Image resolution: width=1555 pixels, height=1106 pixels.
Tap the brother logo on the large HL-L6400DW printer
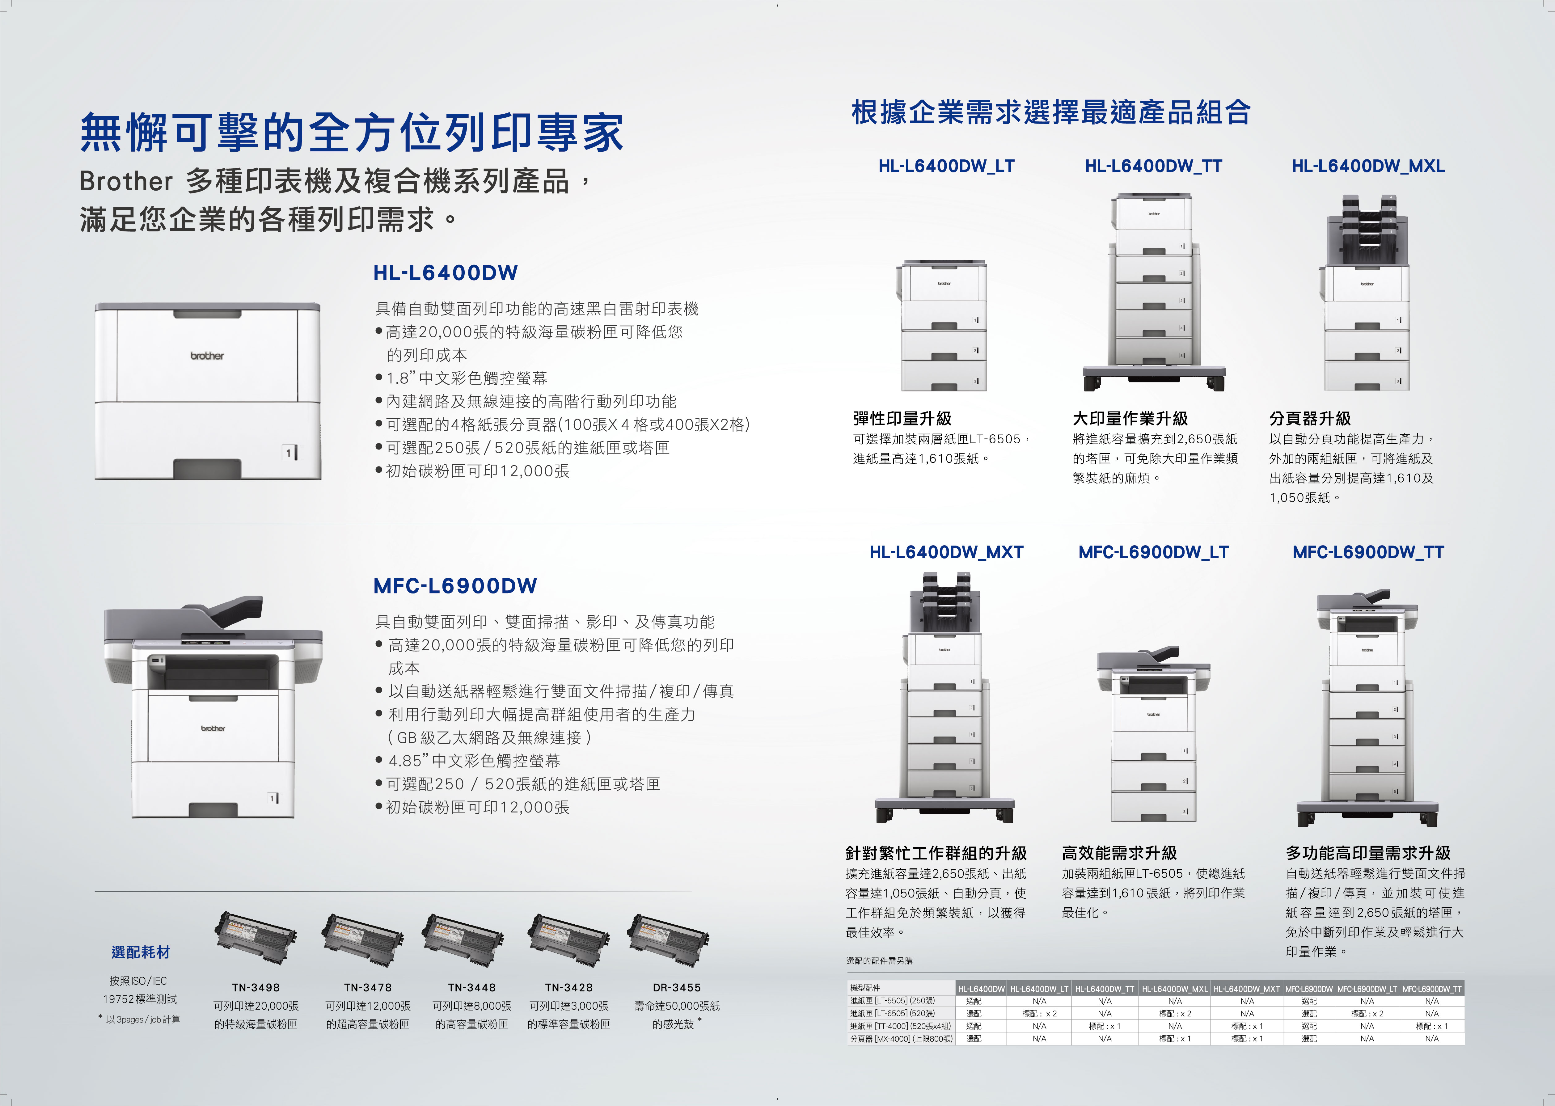coord(207,356)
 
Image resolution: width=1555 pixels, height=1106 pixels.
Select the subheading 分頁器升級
coord(1310,418)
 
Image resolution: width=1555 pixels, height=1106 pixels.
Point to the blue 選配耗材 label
coord(140,952)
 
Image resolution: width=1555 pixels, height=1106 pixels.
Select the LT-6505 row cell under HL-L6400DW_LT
coord(1039,1013)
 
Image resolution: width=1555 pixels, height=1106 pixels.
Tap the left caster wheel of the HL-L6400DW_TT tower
coord(1093,383)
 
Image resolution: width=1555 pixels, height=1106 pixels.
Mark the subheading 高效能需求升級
coord(1119,853)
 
